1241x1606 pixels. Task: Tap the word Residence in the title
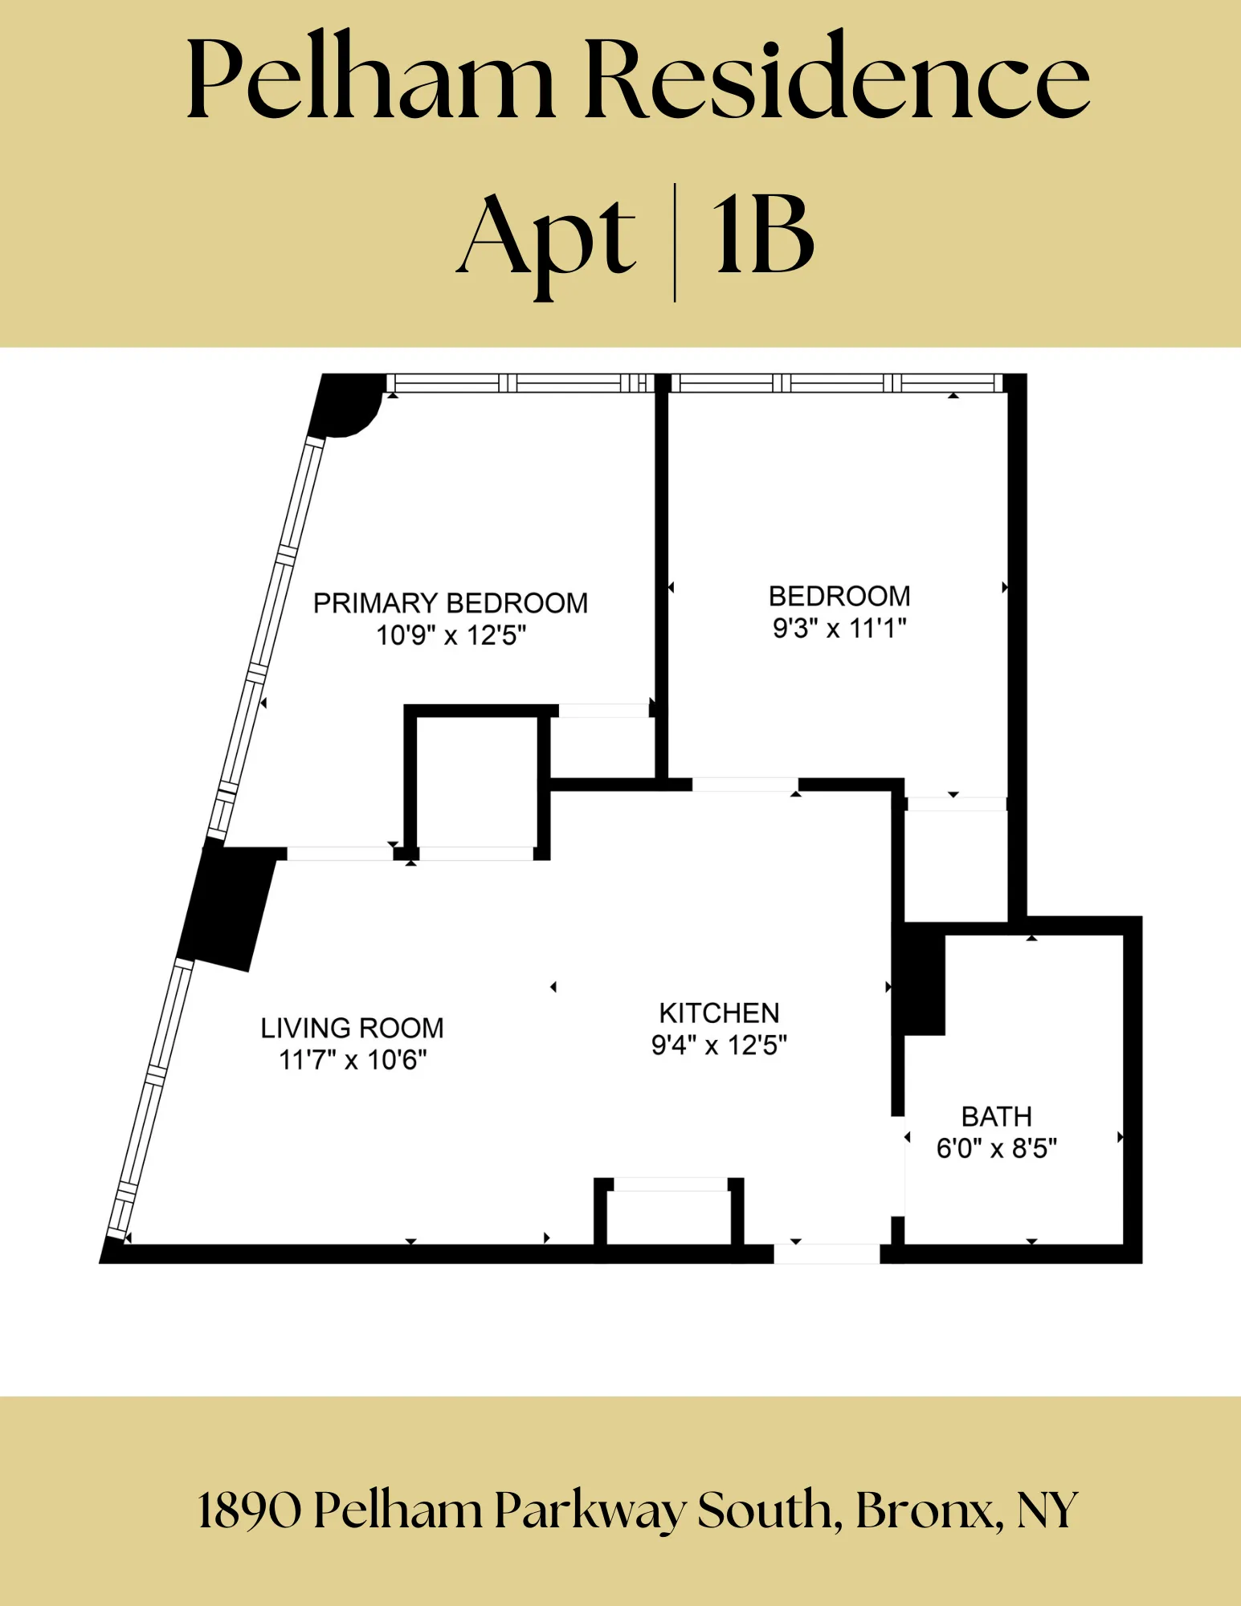836,81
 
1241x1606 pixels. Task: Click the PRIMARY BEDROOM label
451,603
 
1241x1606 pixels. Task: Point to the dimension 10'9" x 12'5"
451,636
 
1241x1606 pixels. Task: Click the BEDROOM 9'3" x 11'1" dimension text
839,629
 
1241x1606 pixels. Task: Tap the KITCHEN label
719,1013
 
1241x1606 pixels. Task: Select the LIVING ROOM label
352,1028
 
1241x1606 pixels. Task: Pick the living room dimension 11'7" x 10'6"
352,1060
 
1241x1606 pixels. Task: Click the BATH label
996,1117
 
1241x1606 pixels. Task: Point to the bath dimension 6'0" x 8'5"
996,1149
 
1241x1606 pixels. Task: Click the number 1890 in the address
249,1510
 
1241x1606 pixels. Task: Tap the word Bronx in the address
924,1510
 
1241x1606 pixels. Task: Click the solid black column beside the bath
924,980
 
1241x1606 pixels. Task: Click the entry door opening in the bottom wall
827,1253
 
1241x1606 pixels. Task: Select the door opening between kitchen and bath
899,1166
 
